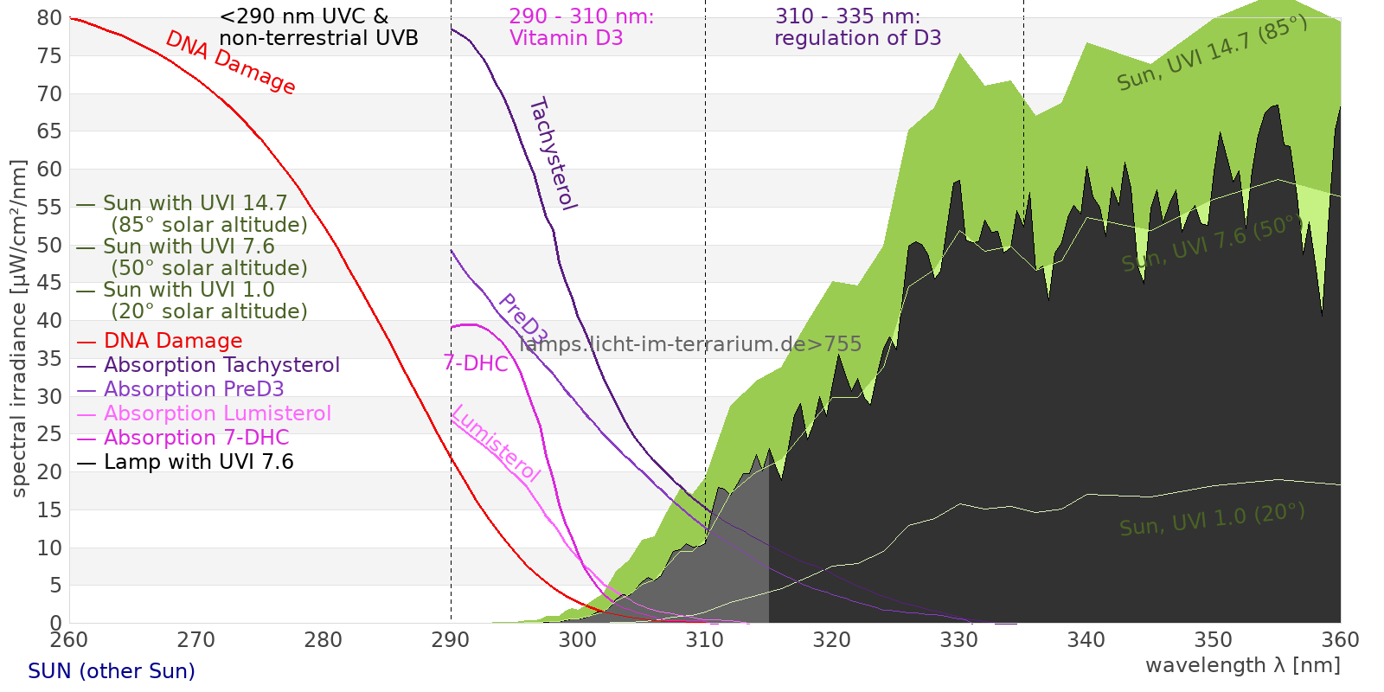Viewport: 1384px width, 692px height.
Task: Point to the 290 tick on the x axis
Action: pos(450,640)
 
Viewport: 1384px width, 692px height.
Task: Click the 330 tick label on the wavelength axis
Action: pos(958,640)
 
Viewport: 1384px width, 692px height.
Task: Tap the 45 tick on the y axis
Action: pos(49,283)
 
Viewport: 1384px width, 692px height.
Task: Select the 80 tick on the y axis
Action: pos(49,18)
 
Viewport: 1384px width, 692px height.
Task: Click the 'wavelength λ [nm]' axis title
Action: pos(1242,665)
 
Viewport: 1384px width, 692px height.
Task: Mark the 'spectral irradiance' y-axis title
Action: pos(19,328)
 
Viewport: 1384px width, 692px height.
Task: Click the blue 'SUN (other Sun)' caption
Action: pos(112,671)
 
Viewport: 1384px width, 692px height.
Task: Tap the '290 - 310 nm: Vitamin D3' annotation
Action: pos(581,27)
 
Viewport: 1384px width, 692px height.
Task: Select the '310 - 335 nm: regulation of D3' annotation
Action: pos(856,27)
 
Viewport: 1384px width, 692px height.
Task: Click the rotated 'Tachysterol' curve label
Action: pos(552,154)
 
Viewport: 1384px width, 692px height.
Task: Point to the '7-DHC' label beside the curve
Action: pos(476,363)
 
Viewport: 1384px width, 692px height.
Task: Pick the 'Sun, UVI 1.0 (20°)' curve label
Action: pos(1212,520)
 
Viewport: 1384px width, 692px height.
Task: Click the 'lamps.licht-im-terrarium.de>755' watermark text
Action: pos(690,344)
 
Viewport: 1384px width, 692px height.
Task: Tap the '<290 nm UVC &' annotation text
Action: pos(304,16)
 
